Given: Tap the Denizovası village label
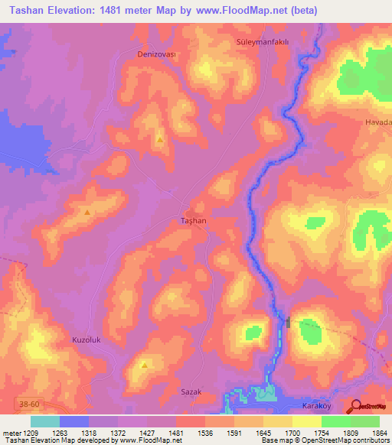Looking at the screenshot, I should (156, 55).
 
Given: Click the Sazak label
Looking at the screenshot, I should (191, 391).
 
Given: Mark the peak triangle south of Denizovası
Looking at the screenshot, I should (159, 139).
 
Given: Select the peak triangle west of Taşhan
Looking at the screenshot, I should (87, 212).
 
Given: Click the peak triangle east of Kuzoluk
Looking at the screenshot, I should (144, 365).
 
